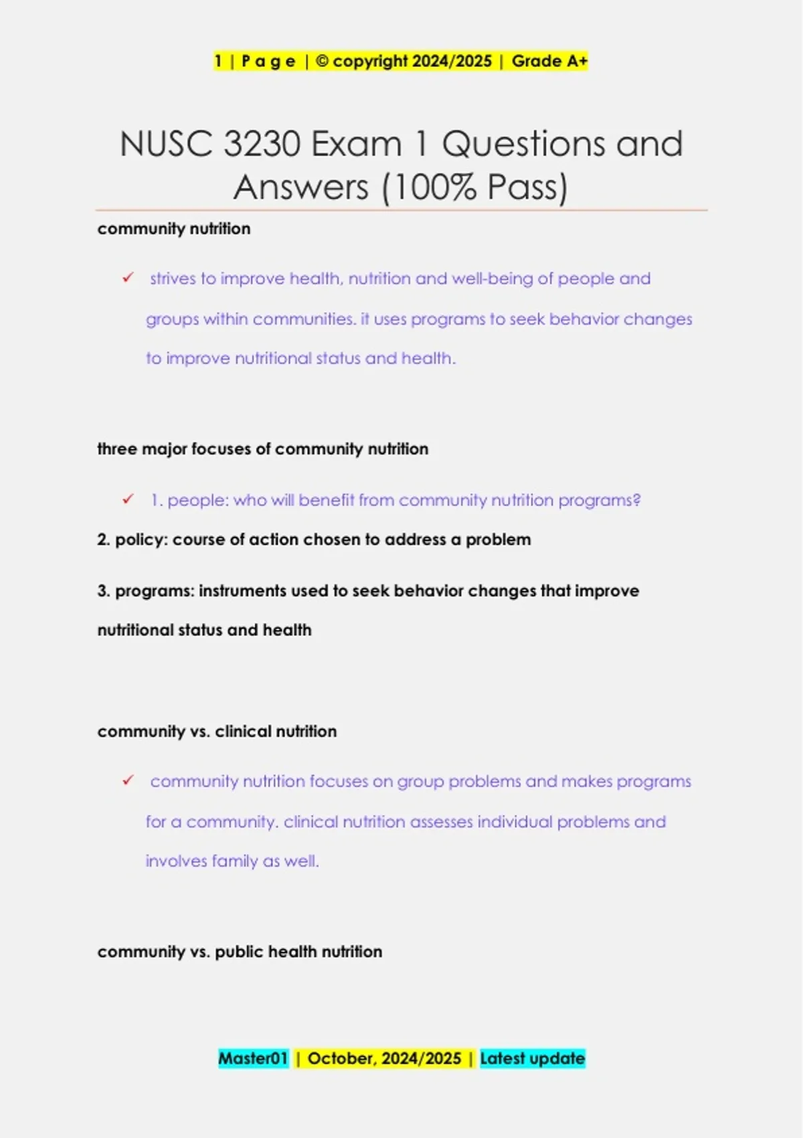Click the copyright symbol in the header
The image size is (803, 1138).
322,61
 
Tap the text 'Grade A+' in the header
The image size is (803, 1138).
549,61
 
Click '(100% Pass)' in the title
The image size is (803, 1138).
474,187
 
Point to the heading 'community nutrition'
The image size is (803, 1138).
174,229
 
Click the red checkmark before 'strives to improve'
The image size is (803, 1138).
128,278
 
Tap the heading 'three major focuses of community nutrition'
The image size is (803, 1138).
262,449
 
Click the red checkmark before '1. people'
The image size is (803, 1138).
128,499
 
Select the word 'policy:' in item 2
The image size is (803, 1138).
141,540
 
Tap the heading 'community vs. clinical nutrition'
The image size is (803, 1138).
217,731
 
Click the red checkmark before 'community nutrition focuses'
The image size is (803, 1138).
128,781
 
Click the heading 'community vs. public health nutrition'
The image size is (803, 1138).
240,951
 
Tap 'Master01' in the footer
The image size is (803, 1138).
253,1058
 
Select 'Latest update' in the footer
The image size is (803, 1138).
533,1058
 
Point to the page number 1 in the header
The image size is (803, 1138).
218,61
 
